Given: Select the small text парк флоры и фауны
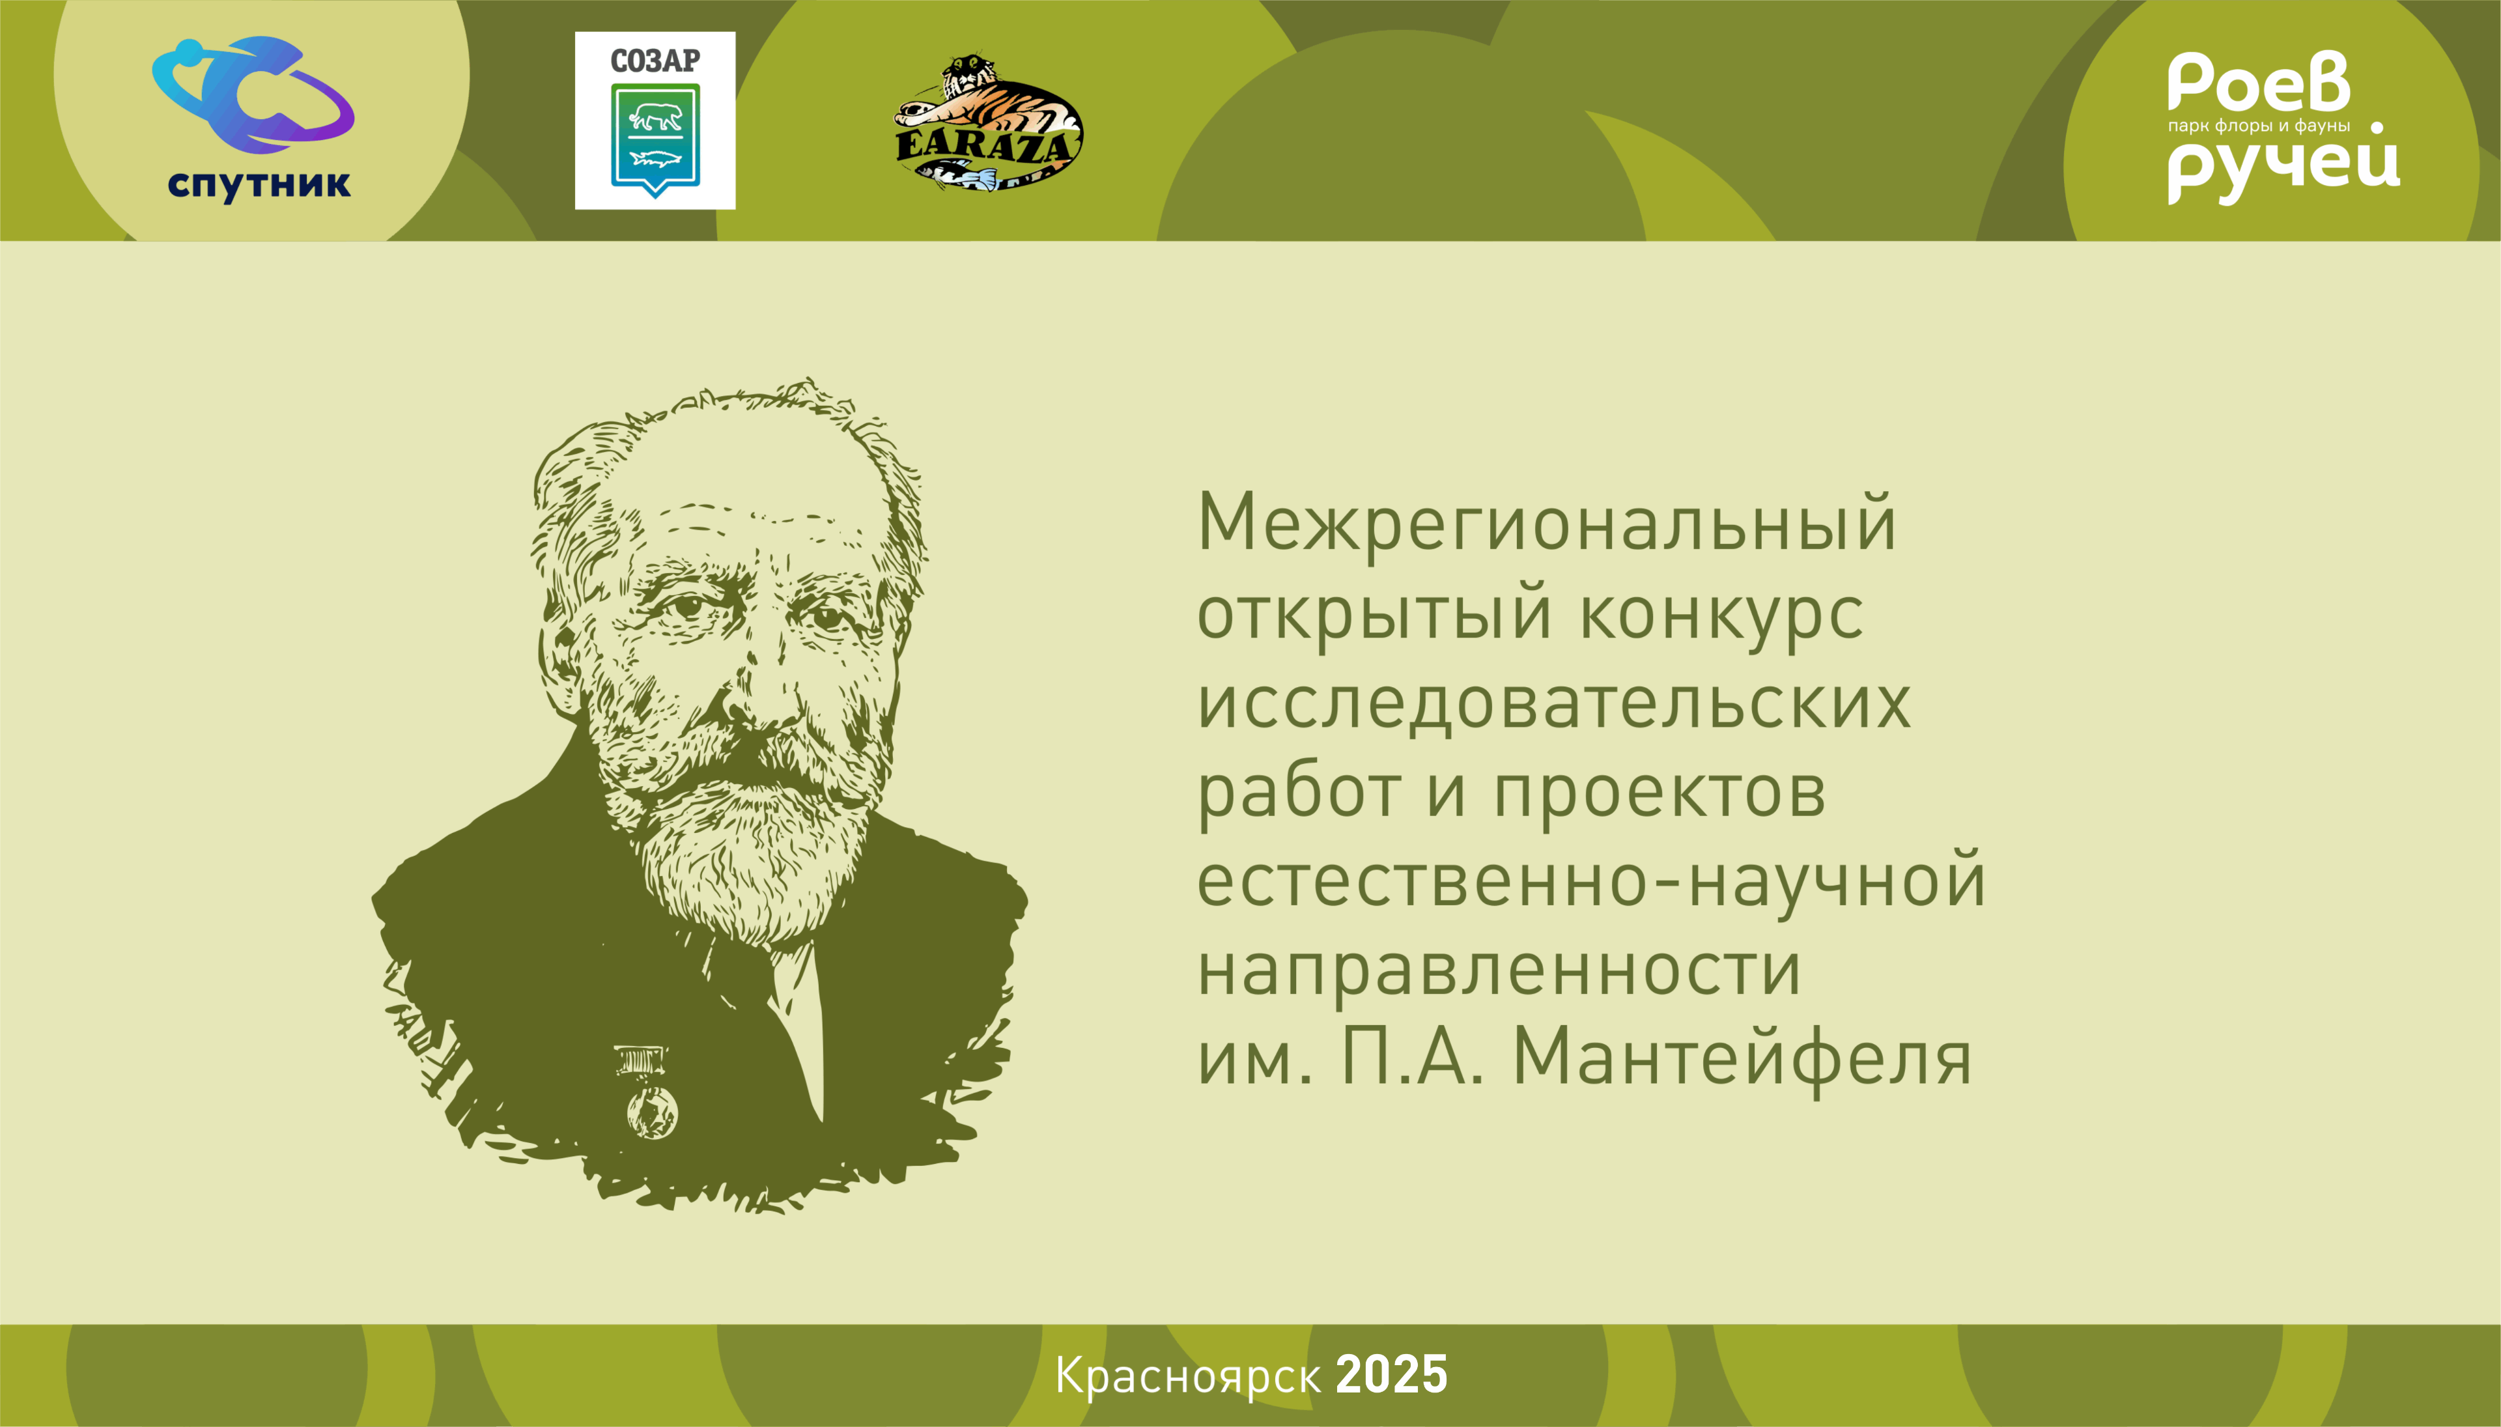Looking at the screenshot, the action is pos(2258,126).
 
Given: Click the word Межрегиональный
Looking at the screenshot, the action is pos(1546,522).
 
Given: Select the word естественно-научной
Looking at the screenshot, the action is pos(1592,880).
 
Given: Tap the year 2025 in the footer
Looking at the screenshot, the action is pos(1392,1375).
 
